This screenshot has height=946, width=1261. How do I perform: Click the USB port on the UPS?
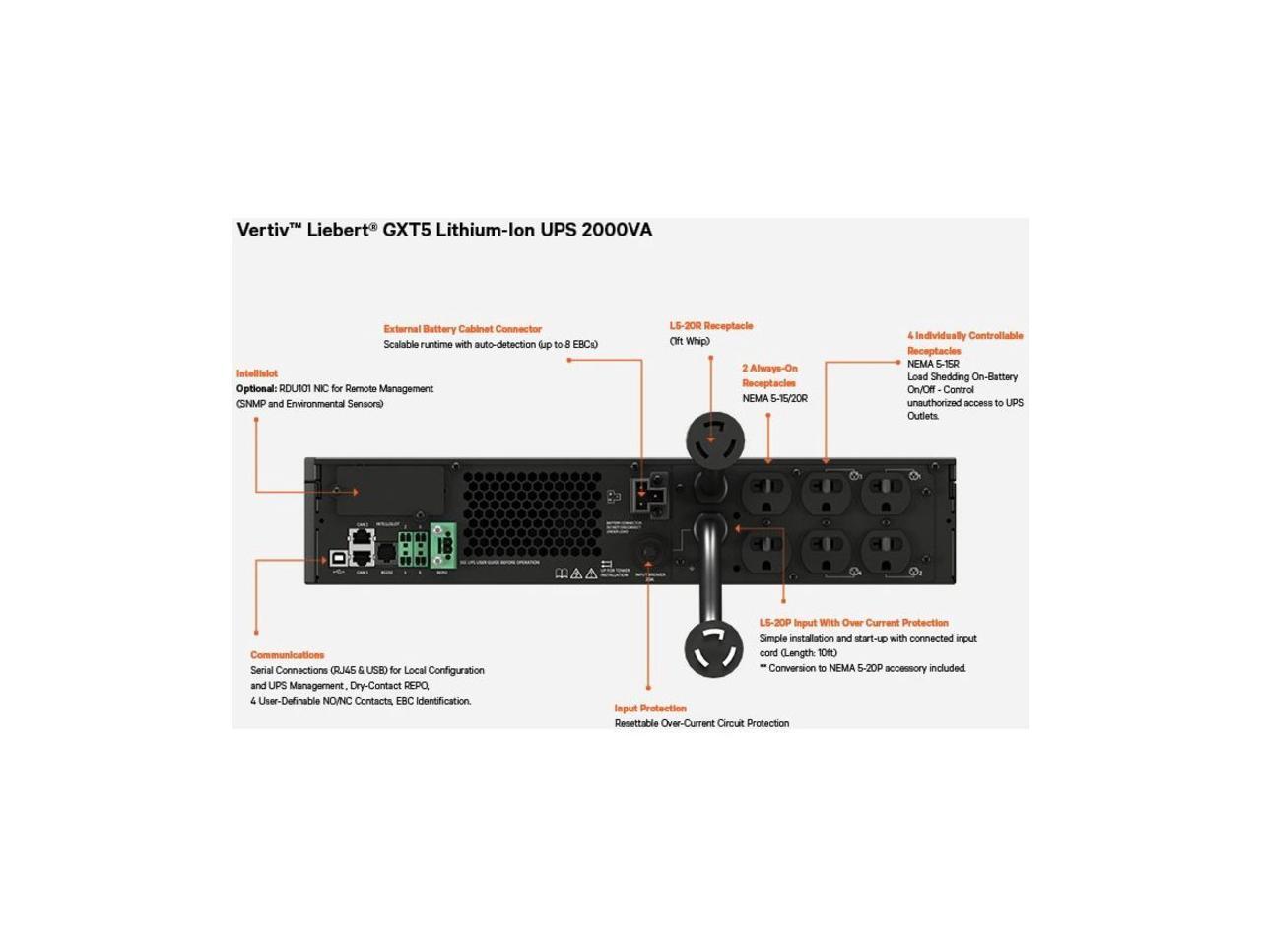[338, 557]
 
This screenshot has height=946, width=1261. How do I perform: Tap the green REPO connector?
[442, 542]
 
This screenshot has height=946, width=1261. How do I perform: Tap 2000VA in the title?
[617, 231]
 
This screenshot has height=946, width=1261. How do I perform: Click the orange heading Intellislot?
[257, 373]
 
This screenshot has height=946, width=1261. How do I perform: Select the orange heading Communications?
[287, 655]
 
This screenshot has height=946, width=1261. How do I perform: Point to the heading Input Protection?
[650, 709]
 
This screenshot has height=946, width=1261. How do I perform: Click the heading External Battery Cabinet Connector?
[462, 329]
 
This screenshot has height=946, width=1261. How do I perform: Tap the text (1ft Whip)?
[690, 342]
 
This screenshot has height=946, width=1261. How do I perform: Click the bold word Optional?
[256, 389]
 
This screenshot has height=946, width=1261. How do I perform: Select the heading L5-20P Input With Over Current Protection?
[853, 623]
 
